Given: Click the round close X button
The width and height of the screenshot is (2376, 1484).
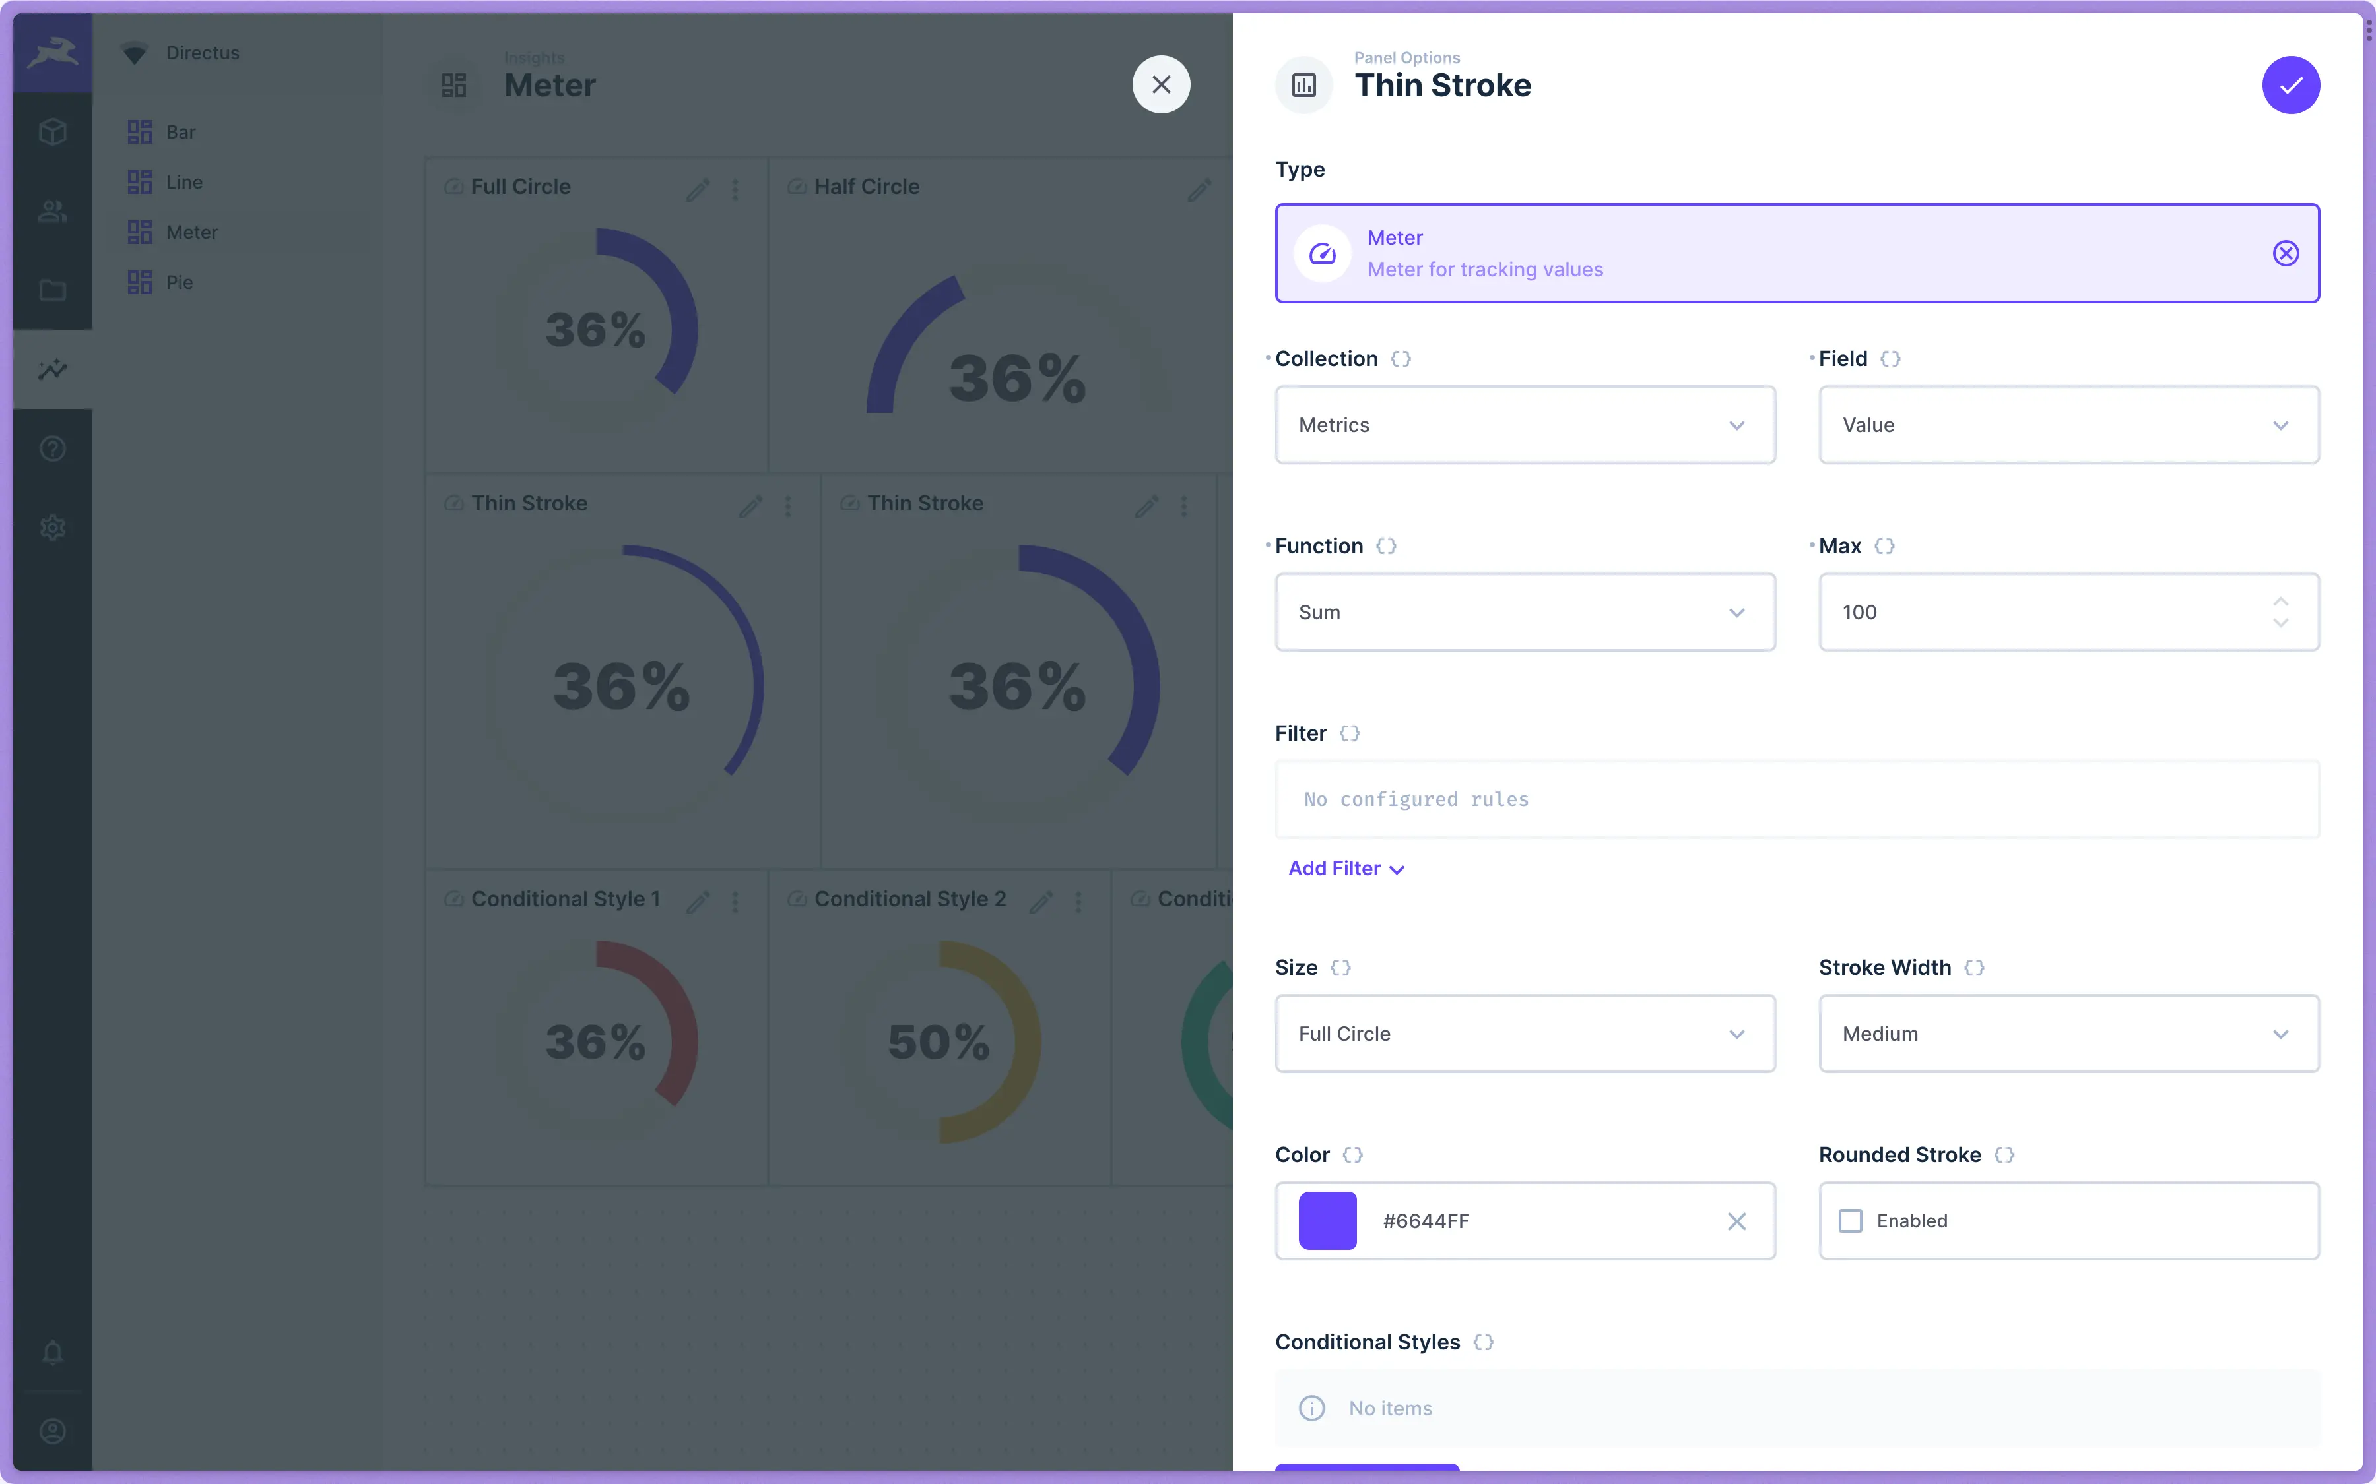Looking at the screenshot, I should tap(1160, 85).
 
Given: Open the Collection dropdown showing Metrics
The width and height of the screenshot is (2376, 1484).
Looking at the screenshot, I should tap(1524, 425).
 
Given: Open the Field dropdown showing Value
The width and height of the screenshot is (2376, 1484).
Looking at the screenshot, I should tap(2068, 425).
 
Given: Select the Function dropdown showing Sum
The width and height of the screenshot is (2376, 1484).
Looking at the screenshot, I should tap(1524, 613).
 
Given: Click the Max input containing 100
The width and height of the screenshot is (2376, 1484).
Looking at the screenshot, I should tap(2042, 613).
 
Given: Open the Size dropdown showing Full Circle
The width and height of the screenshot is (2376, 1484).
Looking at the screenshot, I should tap(1524, 1034).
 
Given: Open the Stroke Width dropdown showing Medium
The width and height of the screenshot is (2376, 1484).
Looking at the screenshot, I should tap(2068, 1034).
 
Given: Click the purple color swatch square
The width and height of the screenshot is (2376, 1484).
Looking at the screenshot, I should tap(1327, 1221).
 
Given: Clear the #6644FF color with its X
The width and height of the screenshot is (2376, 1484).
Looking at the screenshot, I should tap(1736, 1221).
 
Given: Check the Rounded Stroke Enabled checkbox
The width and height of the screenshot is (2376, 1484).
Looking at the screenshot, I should tap(1851, 1221).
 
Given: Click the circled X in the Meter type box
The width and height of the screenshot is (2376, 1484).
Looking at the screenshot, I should tap(2286, 253).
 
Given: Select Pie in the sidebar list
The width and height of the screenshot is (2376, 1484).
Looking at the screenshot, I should tap(179, 283).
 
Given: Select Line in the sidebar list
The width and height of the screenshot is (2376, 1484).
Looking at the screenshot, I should tap(183, 183).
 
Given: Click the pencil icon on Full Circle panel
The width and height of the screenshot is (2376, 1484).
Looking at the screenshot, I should tap(697, 189).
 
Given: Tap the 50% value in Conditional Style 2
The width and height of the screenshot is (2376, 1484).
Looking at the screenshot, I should tap(939, 1042).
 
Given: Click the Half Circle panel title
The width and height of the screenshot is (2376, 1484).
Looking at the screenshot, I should tap(866, 187).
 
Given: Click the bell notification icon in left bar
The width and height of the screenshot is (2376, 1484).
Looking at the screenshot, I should tap(53, 1353).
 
